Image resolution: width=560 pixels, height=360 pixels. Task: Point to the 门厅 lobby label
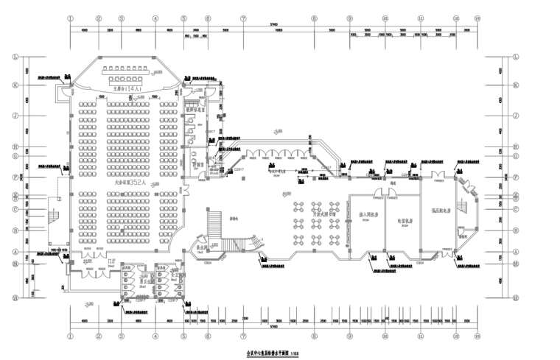(x=111, y=261)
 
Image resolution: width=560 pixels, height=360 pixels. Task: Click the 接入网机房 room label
(x=368, y=215)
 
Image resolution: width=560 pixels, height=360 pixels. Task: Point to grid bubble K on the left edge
(x=15, y=85)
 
